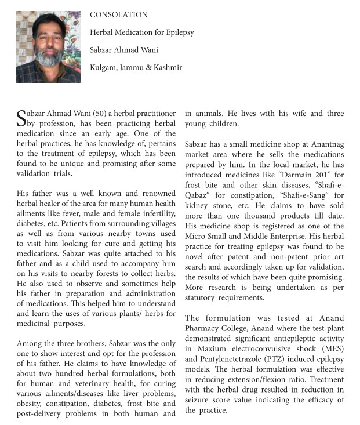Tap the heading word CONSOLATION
pyautogui.click(x=119, y=14)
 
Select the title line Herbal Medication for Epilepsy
pyautogui.click(x=142, y=32)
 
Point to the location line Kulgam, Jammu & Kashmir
pyautogui.click(x=136, y=67)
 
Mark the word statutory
pyautogui.click(x=204, y=298)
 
